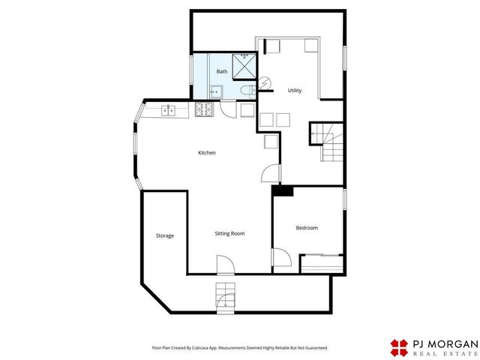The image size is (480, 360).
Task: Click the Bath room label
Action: [222, 71]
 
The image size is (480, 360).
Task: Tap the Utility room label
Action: [295, 90]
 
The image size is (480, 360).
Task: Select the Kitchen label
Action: [207, 152]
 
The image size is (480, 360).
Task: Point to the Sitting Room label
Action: [229, 233]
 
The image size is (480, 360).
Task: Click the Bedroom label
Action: [307, 228]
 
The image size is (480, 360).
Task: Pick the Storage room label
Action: [165, 235]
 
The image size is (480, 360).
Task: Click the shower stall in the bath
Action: [244, 67]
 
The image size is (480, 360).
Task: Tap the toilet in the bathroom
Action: [248, 91]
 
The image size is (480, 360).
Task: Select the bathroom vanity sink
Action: [216, 91]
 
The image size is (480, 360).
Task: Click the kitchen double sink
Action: [168, 110]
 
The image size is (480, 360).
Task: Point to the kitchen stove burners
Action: [204, 109]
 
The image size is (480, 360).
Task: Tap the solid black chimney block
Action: [283, 190]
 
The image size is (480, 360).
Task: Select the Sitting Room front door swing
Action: [226, 264]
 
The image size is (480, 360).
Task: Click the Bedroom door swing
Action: [282, 257]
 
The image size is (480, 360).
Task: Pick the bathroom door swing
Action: [228, 109]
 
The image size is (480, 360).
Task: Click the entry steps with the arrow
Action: [226, 298]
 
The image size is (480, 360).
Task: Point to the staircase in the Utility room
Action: [331, 142]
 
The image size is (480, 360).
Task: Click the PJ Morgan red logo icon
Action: [399, 348]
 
